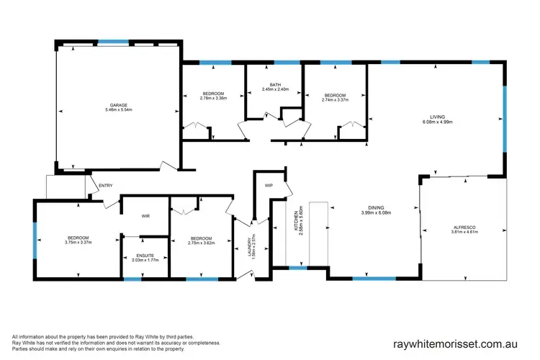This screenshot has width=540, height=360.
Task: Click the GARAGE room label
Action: (x=119, y=106)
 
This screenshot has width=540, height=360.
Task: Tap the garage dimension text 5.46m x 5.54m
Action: (x=119, y=111)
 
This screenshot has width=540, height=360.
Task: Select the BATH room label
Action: (x=275, y=85)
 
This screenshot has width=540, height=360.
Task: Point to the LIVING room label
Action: (x=437, y=116)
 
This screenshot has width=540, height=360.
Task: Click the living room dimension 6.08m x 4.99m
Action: (x=437, y=122)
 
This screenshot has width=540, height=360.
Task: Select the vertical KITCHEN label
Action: (x=294, y=227)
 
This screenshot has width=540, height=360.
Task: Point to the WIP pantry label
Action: (x=269, y=185)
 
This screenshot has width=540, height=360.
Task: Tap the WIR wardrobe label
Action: (x=145, y=215)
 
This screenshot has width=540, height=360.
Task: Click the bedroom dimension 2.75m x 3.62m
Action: (x=201, y=243)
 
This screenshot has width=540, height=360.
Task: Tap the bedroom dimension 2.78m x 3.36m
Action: (x=214, y=99)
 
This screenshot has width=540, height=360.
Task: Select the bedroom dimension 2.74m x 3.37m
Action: (x=335, y=100)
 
